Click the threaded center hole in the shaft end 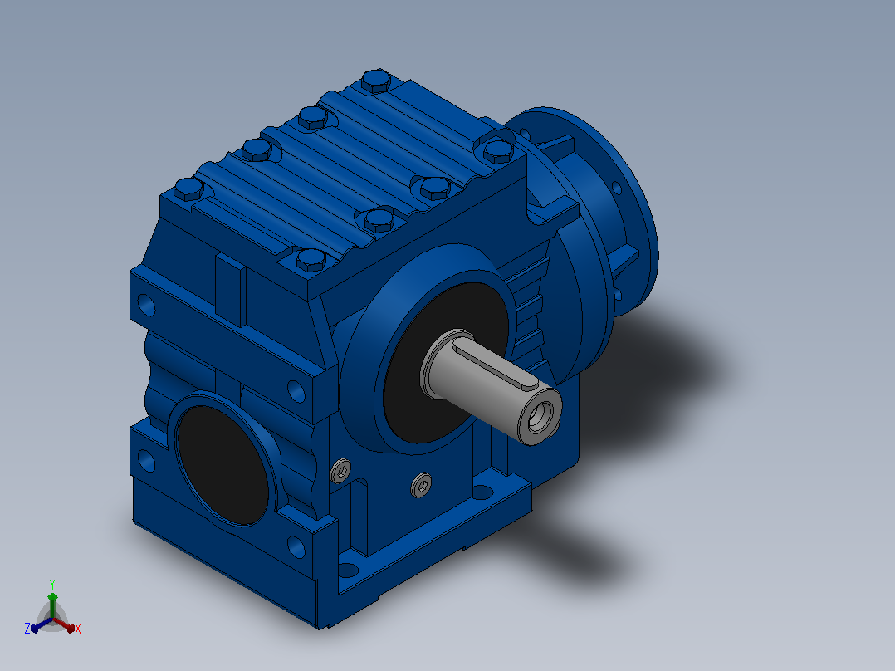[x=540, y=416]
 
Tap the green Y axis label [x=52, y=584]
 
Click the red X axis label [x=78, y=629]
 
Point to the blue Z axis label [x=27, y=629]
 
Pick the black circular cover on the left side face [x=222, y=465]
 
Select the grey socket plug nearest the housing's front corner [x=340, y=471]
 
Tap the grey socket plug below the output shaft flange [x=421, y=485]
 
